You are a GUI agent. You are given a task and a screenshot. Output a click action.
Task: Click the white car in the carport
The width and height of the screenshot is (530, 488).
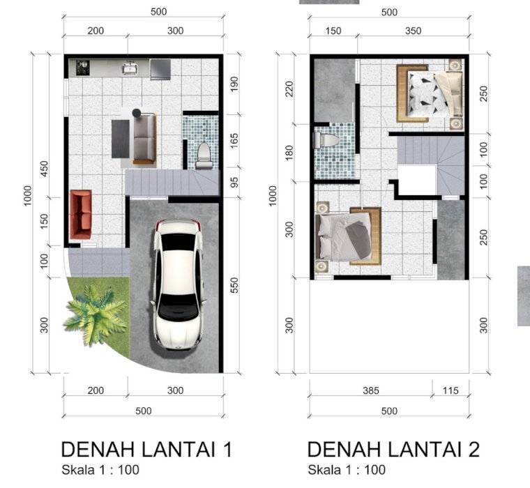pyautogui.click(x=178, y=284)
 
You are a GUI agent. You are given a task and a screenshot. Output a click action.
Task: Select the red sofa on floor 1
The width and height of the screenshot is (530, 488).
pyautogui.click(x=81, y=215)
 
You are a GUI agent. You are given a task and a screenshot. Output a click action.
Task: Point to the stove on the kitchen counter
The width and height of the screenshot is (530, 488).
pyautogui.click(x=82, y=68)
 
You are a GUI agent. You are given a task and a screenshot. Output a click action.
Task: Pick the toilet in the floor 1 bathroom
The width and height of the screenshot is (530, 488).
pyautogui.click(x=204, y=155)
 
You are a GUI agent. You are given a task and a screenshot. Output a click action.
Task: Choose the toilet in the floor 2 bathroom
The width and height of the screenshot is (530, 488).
pyautogui.click(x=326, y=140)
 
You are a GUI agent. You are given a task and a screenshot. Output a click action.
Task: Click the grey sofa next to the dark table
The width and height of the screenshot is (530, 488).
pyautogui.click(x=144, y=139)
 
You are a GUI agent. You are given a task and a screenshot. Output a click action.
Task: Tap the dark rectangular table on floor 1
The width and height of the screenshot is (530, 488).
pyautogui.click(x=121, y=139)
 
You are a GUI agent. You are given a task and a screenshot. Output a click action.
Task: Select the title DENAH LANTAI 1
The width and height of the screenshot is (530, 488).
pyautogui.click(x=146, y=450)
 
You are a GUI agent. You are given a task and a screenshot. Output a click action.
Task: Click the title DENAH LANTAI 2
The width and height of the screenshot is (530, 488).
pyautogui.click(x=393, y=450)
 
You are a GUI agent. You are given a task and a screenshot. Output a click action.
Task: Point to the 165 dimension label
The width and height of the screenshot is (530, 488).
pyautogui.click(x=234, y=141)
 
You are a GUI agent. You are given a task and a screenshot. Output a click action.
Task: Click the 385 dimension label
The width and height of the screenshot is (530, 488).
pyautogui.click(x=371, y=390)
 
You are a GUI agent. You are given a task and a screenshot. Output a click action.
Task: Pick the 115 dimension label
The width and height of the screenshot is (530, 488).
pyautogui.click(x=450, y=390)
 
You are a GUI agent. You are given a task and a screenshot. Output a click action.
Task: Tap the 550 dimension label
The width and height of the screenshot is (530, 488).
pyautogui.click(x=234, y=285)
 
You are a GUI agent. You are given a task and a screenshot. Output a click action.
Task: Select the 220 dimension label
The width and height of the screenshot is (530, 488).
pyautogui.click(x=289, y=89)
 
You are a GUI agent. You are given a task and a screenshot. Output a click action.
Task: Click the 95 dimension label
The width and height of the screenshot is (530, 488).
pyautogui.click(x=234, y=182)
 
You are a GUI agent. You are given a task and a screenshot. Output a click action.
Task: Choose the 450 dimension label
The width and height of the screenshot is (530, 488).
pyautogui.click(x=44, y=169)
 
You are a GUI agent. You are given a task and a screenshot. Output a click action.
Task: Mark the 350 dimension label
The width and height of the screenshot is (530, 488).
pyautogui.click(x=413, y=31)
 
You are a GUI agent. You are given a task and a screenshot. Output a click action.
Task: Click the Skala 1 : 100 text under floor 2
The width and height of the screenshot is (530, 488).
pyautogui.click(x=347, y=470)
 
